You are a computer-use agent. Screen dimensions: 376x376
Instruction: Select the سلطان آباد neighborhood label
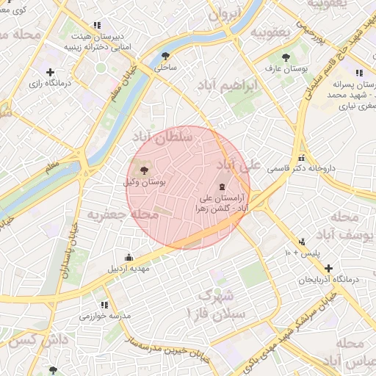[x=162, y=137]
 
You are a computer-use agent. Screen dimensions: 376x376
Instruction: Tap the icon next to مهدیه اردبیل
[x=129, y=257]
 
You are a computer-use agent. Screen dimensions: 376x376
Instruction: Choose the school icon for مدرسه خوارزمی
[x=104, y=304]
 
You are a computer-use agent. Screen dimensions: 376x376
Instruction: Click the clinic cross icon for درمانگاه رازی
[x=50, y=72]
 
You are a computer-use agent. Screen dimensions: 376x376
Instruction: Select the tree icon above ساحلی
[x=166, y=55]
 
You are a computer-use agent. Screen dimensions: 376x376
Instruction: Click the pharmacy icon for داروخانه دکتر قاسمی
[x=301, y=158]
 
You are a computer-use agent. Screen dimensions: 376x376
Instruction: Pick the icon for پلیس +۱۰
[x=302, y=242]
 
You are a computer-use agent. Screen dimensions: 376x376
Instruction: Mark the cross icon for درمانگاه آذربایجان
[x=328, y=268]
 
